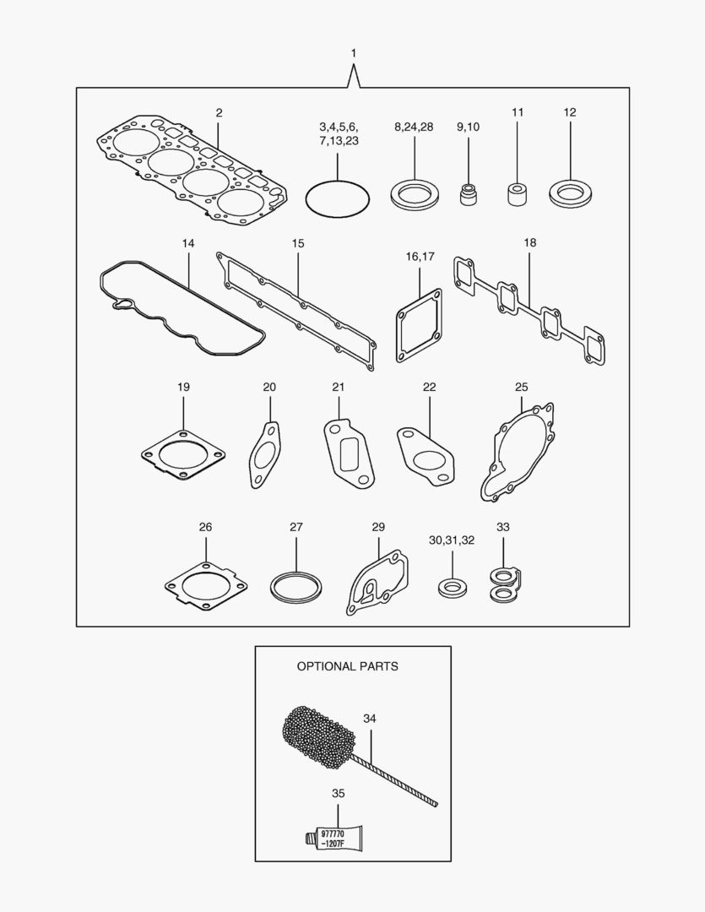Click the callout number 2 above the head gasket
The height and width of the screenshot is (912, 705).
pyautogui.click(x=219, y=112)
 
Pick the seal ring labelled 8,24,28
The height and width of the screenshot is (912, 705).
pyautogui.click(x=415, y=195)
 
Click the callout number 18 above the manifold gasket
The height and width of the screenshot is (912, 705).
pyautogui.click(x=529, y=242)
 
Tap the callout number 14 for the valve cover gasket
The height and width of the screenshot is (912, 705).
pyautogui.click(x=188, y=243)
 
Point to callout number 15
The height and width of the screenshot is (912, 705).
pyautogui.click(x=298, y=243)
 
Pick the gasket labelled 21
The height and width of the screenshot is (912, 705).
pyautogui.click(x=346, y=453)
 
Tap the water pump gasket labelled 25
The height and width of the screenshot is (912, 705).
pyautogui.click(x=518, y=453)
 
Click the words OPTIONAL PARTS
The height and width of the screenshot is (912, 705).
pyautogui.click(x=347, y=666)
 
